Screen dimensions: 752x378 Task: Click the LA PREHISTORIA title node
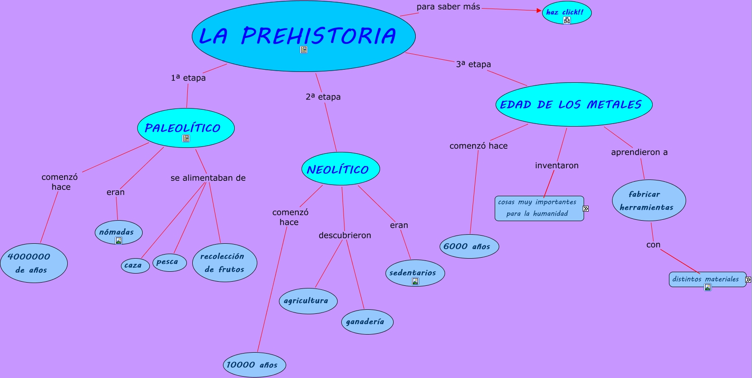click(303, 36)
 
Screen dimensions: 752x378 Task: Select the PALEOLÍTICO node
click(186, 128)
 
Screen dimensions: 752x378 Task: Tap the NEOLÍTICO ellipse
click(341, 169)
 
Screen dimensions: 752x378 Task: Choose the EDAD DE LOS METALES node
click(574, 104)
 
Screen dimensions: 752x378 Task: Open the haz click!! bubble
click(566, 13)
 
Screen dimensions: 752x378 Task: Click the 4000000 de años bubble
click(34, 263)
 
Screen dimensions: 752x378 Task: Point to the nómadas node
click(119, 232)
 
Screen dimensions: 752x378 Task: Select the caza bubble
click(135, 266)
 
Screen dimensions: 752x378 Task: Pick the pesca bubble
click(170, 262)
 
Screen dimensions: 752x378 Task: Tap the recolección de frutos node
click(225, 263)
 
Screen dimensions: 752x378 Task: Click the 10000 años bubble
click(255, 365)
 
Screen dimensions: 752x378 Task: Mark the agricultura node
click(308, 301)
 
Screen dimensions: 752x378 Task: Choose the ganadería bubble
click(367, 322)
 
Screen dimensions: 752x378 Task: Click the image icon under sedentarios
click(415, 282)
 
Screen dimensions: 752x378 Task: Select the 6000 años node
click(469, 246)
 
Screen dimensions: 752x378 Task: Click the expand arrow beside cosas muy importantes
click(586, 208)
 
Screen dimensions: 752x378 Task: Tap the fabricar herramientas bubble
click(649, 200)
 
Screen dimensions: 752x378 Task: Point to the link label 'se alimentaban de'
click(208, 178)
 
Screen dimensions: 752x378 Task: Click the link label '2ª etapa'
click(323, 97)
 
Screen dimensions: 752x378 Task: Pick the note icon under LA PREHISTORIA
click(303, 50)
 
